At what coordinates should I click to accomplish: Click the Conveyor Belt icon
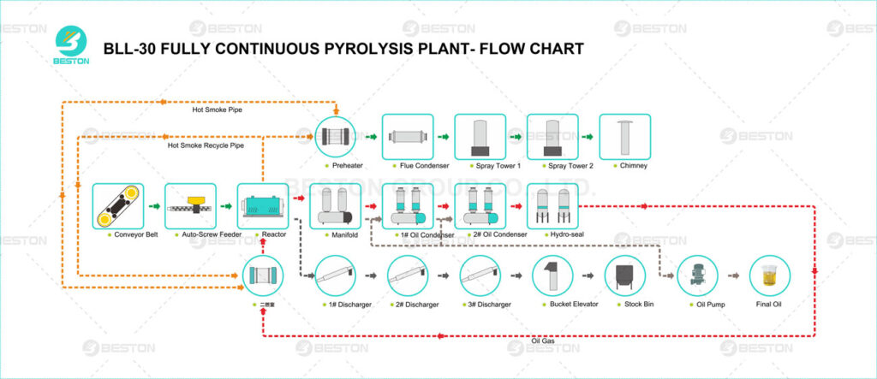118,206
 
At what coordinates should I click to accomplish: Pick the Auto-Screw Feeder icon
190,206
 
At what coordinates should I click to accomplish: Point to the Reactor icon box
263,206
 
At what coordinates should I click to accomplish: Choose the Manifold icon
335,206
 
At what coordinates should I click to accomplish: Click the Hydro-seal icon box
552,206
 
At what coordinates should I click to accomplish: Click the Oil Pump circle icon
696,275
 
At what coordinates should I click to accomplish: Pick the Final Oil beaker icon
768,275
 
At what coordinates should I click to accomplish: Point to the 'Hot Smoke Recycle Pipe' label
205,145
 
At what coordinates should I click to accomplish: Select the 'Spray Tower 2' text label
552,166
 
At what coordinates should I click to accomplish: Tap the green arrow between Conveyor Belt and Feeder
154,206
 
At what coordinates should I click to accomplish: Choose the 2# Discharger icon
408,276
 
